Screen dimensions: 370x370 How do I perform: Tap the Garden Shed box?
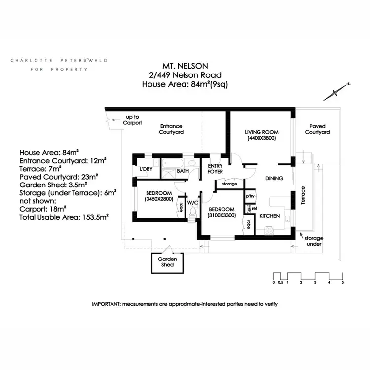click(x=164, y=262)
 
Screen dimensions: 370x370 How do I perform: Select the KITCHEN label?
click(x=270, y=216)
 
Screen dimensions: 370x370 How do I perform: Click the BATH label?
click(x=183, y=171)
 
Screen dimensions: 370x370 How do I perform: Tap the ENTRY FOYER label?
click(x=216, y=169)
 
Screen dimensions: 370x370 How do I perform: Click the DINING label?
click(x=274, y=179)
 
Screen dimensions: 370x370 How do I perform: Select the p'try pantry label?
click(x=250, y=196)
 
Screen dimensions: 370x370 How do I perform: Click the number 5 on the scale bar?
click(x=342, y=283)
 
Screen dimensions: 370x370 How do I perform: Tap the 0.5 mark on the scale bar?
click(x=280, y=283)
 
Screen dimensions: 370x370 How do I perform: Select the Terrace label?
click(x=304, y=196)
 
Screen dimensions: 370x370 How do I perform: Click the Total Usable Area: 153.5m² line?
click(x=64, y=216)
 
